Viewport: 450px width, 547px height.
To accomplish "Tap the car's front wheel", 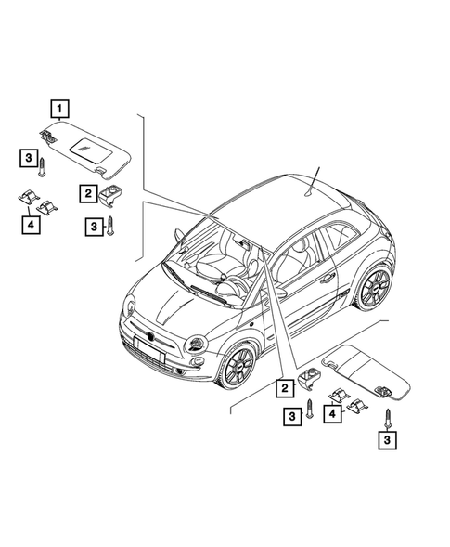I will tap(237, 364).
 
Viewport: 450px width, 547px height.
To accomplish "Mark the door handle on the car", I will tap(327, 277).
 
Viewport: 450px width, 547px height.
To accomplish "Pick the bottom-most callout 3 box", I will tap(383, 440).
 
